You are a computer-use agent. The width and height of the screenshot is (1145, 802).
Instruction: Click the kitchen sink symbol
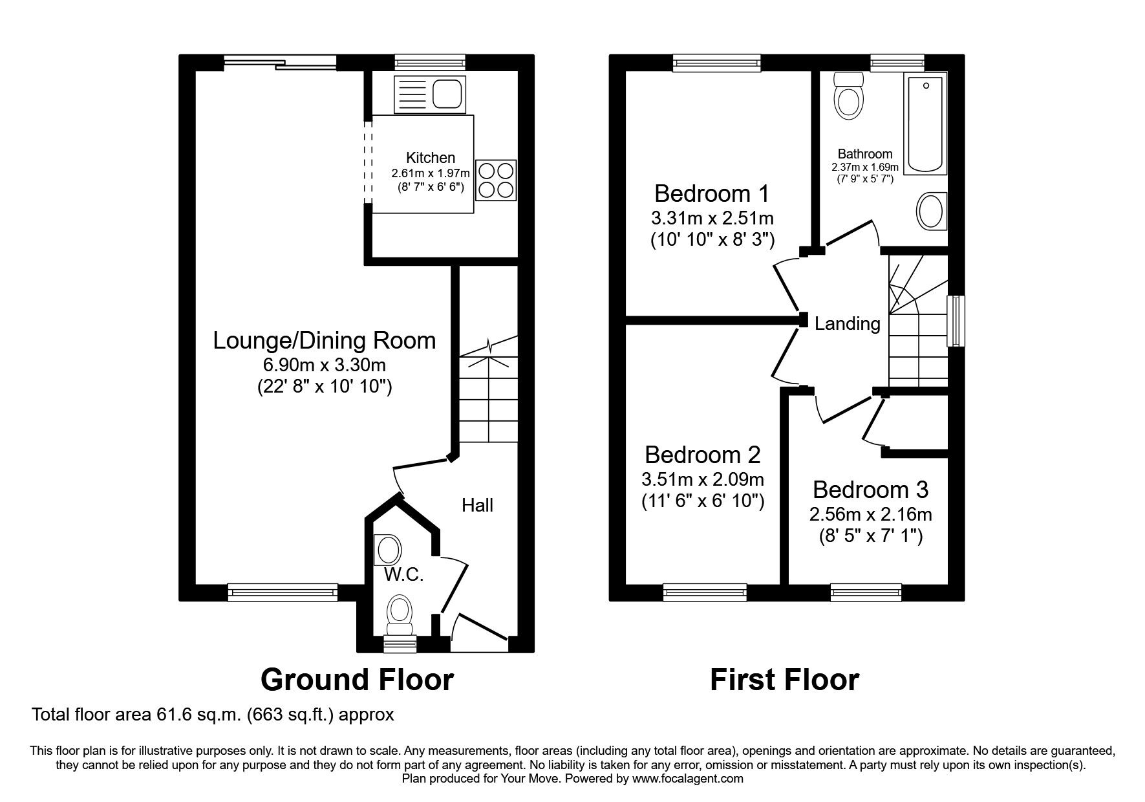click(429, 94)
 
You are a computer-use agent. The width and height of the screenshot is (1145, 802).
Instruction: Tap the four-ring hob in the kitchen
click(496, 180)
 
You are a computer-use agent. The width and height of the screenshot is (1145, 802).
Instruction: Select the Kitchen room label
click(431, 158)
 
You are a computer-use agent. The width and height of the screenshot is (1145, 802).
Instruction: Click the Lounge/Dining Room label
click(325, 341)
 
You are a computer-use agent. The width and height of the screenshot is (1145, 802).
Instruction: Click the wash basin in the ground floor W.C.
click(388, 550)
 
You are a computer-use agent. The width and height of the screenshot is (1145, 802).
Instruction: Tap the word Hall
click(477, 505)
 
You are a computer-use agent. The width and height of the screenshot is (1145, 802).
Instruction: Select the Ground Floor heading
click(357, 680)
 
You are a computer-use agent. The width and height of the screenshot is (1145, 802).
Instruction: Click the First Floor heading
click(784, 680)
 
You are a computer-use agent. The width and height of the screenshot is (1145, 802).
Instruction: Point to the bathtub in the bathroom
click(925, 125)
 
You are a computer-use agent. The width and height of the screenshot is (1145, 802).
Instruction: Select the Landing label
click(847, 323)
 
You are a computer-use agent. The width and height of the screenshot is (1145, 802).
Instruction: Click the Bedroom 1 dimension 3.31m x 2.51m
click(711, 217)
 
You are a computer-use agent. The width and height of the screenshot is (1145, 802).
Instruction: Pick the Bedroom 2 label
click(702, 455)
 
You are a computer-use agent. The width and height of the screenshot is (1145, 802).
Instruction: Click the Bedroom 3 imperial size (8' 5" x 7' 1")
click(870, 536)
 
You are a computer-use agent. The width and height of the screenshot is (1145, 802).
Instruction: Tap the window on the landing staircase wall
click(955, 321)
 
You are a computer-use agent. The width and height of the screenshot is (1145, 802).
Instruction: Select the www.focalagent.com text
click(687, 779)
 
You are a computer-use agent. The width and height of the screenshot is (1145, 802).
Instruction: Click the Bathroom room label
click(864, 154)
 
